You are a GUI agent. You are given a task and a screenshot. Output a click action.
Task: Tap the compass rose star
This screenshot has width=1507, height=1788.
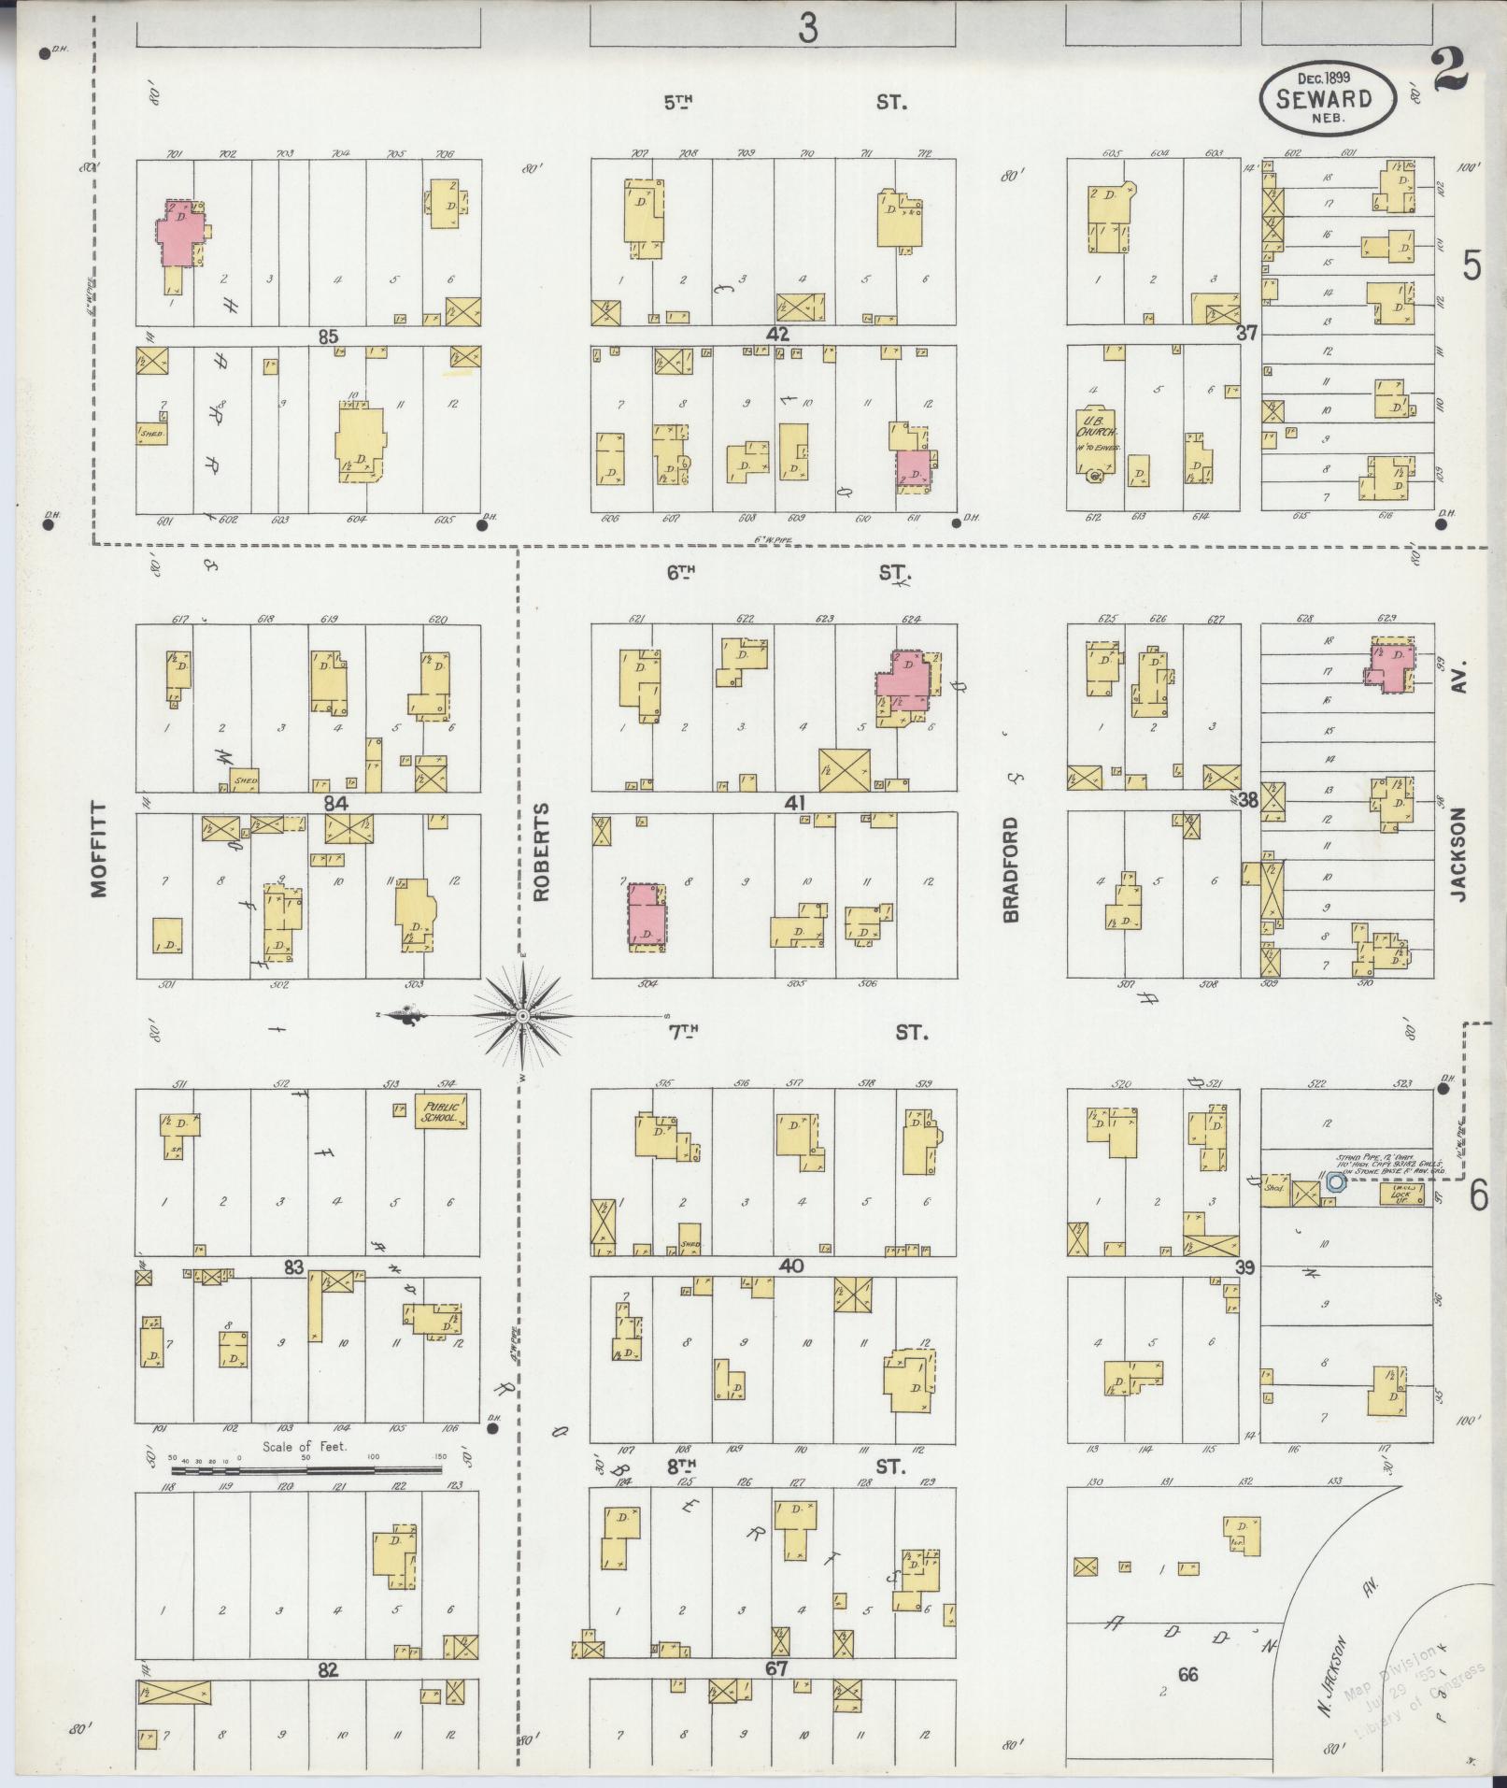tap(523, 1015)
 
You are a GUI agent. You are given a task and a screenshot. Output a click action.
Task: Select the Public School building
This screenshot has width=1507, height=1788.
tap(440, 1110)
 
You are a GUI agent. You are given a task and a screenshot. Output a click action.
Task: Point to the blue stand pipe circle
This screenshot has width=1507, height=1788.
tap(1336, 1181)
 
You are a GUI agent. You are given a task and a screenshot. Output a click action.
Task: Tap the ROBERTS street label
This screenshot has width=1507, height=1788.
tap(542, 851)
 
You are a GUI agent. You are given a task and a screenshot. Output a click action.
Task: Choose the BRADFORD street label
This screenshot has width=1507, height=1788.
tap(1011, 869)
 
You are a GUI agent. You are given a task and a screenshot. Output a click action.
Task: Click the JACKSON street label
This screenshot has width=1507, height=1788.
tap(1460, 854)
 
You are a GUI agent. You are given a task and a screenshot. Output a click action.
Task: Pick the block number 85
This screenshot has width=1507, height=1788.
tap(327, 337)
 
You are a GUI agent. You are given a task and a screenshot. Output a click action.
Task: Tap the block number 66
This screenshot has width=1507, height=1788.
tap(1187, 1674)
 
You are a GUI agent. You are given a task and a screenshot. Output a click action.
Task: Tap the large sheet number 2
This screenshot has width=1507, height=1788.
tap(1448, 72)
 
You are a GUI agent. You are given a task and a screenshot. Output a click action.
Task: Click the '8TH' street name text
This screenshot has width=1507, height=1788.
tap(682, 1466)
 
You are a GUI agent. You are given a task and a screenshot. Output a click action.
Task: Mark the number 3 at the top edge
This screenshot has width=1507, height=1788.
tap(807, 29)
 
